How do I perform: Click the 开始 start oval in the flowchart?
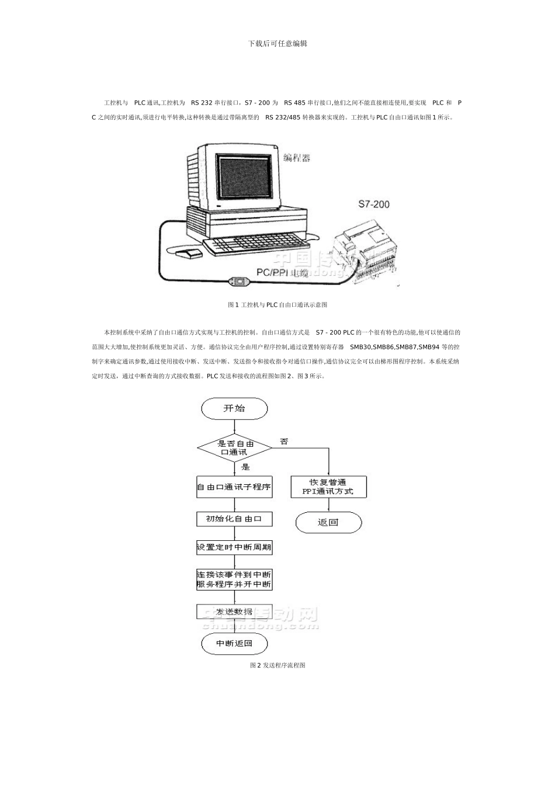click(234, 409)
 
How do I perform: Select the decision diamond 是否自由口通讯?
click(235, 448)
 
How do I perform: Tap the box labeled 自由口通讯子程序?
click(234, 487)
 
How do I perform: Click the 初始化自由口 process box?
click(234, 519)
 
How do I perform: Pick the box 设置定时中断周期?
click(234, 548)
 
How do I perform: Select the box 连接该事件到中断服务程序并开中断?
click(234, 579)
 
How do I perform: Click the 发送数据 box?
click(234, 612)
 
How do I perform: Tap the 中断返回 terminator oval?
click(234, 644)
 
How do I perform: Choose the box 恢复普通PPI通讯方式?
click(328, 487)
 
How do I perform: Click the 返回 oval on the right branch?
click(328, 523)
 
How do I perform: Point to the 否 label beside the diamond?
click(284, 442)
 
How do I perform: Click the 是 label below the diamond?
click(245, 467)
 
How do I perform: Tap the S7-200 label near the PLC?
click(373, 204)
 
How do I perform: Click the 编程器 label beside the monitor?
click(297, 158)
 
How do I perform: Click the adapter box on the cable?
click(239, 282)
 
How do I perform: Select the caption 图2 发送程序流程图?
click(277, 665)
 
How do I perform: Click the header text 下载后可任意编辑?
click(277, 43)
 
